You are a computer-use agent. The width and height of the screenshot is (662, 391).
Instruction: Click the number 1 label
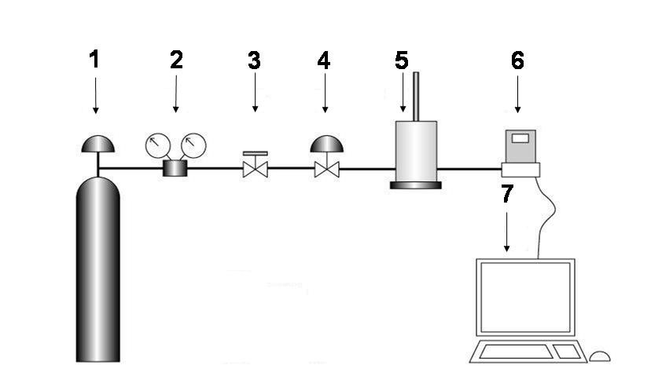click(95, 60)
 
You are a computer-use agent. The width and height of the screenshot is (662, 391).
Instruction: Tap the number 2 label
click(176, 60)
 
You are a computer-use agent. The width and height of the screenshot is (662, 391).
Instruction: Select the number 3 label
click(254, 60)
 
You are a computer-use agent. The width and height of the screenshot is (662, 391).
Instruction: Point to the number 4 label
click(324, 60)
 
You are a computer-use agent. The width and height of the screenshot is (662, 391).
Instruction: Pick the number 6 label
click(517, 60)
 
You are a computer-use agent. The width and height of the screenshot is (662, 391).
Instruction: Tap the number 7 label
click(507, 194)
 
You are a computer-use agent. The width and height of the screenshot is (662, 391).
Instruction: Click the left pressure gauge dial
click(158, 145)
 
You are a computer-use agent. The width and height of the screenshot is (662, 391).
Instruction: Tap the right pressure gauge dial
click(193, 145)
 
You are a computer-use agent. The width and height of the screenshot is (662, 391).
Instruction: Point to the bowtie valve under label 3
click(255, 169)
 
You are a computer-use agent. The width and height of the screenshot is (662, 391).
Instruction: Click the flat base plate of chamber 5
click(415, 185)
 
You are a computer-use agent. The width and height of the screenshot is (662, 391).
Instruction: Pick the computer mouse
click(600, 356)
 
